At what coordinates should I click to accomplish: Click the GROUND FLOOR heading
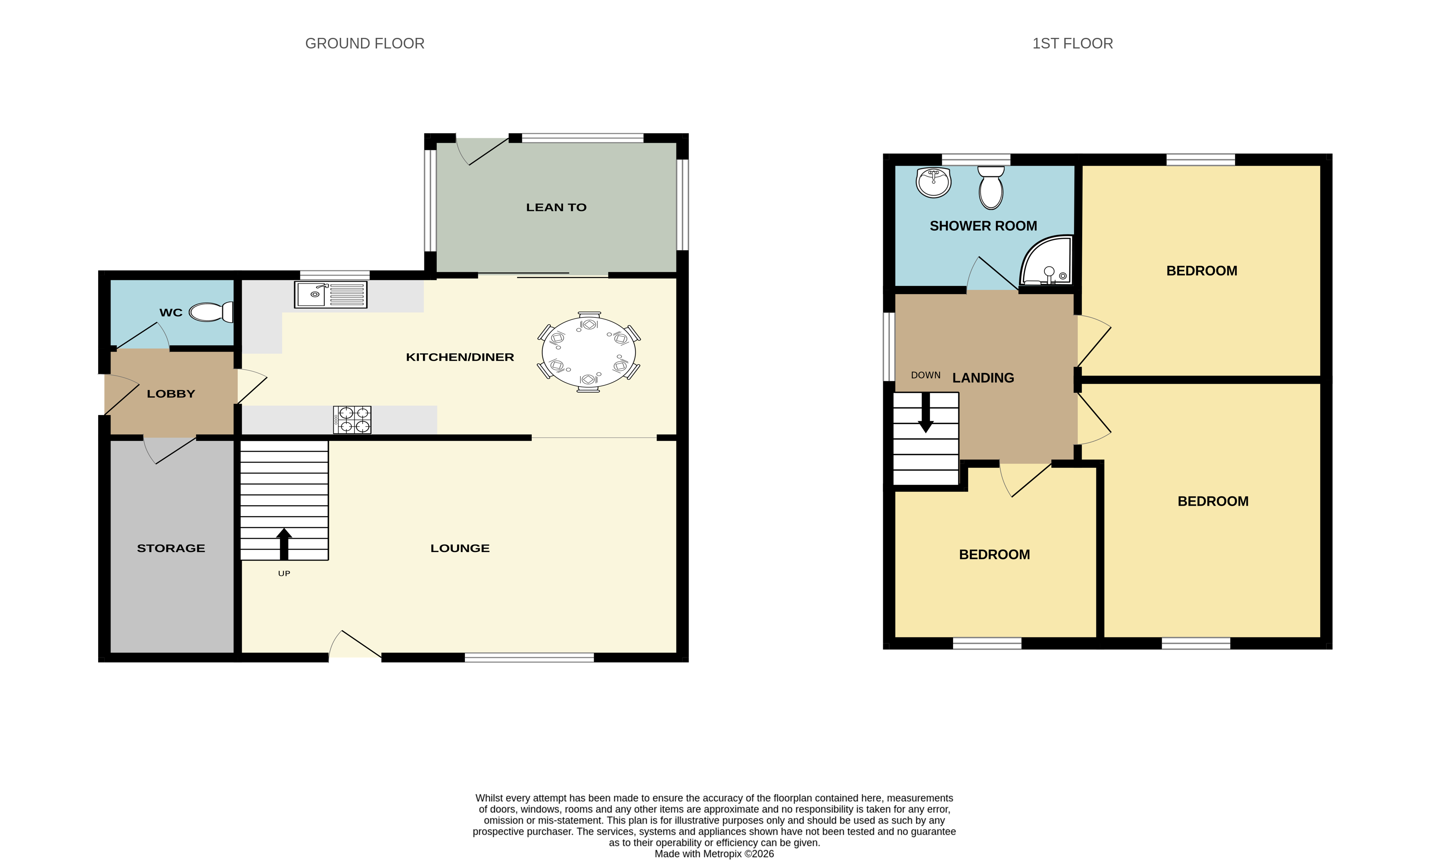365,44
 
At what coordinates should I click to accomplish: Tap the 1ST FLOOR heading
1072,44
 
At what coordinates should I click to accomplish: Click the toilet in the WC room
211,312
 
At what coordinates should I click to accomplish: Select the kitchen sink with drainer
330,295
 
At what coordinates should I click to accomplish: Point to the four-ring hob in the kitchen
352,420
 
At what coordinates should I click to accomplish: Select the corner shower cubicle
1046,260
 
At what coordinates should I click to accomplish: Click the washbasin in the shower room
933,182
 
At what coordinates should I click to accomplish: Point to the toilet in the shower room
991,187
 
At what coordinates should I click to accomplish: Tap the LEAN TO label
556,207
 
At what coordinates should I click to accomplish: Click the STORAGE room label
171,548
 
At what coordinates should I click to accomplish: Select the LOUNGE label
460,548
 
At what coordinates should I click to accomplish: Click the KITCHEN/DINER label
460,357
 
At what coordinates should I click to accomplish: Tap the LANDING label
983,378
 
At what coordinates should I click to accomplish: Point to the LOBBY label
171,394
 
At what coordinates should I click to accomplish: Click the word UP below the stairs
284,573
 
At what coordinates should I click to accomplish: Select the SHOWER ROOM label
983,226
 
